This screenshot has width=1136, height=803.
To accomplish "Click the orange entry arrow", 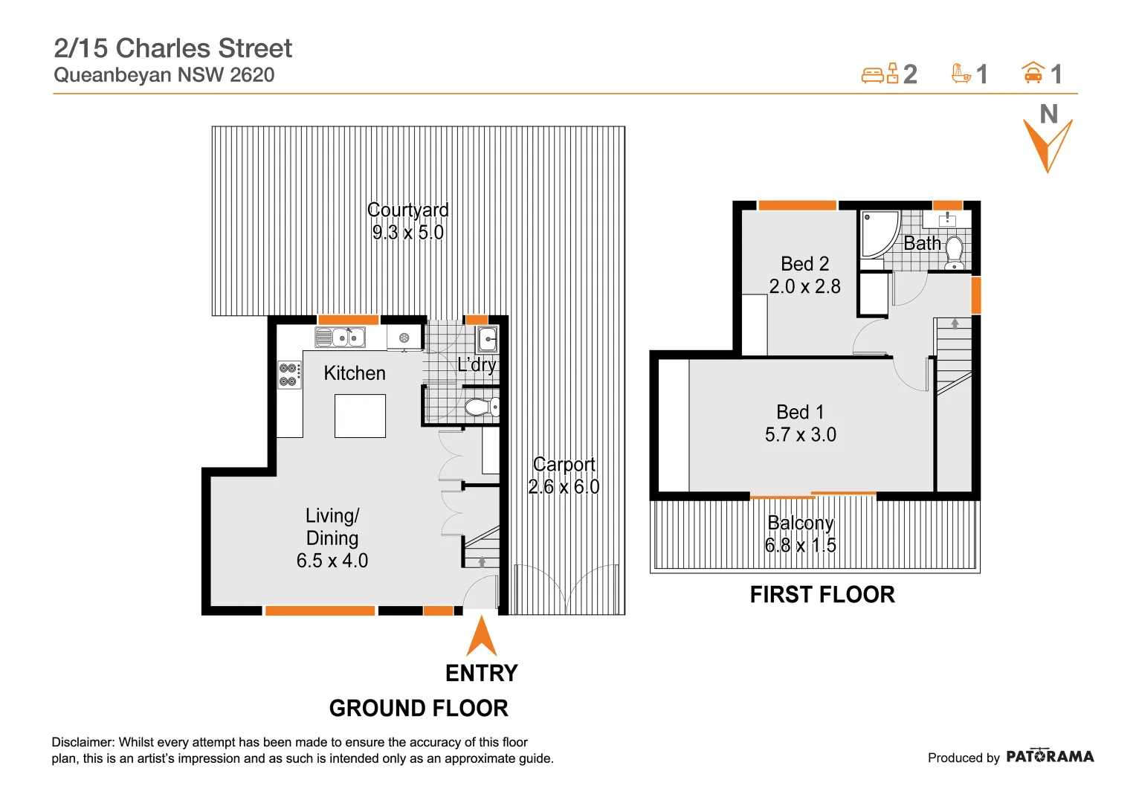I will point(482,636).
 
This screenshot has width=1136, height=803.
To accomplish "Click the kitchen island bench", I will point(360,416).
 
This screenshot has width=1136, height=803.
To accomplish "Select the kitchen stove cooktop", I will point(289,375).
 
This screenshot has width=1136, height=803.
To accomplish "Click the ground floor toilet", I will point(481,407).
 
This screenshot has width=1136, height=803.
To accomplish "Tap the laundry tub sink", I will point(487,339).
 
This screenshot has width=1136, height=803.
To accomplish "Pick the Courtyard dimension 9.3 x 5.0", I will point(407,233).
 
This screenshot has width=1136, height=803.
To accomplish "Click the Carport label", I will point(564,465).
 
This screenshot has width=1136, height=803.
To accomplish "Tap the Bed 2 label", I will point(804,264).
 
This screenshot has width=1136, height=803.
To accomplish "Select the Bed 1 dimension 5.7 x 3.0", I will point(800,435).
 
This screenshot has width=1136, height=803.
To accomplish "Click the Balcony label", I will point(800,523).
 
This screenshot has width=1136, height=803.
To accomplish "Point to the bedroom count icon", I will point(880,74).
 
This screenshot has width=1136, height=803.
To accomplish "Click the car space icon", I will point(1033,73).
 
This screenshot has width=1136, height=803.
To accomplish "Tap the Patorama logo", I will point(1049,757).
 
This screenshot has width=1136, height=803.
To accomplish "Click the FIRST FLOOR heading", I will point(822,595).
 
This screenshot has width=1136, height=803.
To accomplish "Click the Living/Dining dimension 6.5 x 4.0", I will point(332,561).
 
